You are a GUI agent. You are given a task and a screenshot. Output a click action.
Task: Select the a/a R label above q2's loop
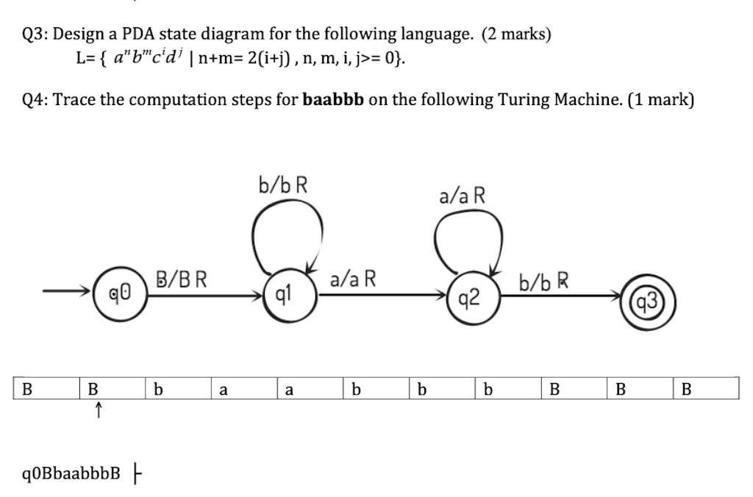pyautogui.click(x=461, y=196)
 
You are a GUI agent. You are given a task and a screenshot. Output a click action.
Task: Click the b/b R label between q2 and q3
pyautogui.click(x=544, y=282)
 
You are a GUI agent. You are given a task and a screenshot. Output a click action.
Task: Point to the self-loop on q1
pyautogui.click(x=287, y=228)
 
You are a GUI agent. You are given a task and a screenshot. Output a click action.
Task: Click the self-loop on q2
pyautogui.click(x=468, y=237)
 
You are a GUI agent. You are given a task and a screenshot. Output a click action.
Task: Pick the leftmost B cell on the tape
pyautogui.click(x=28, y=389)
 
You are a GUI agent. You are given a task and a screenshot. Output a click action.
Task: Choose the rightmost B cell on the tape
pyautogui.click(x=686, y=389)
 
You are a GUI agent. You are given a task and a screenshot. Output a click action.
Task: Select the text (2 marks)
pyautogui.click(x=515, y=34)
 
